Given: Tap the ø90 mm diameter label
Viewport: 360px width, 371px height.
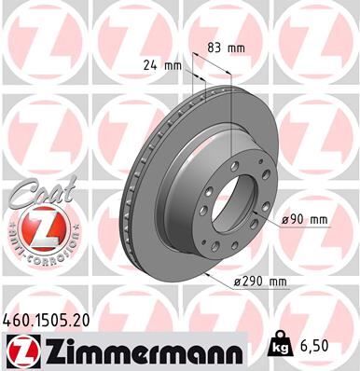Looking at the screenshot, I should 306,219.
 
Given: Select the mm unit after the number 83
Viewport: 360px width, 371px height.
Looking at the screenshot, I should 240,46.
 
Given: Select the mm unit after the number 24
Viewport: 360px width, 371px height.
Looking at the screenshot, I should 173,66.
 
